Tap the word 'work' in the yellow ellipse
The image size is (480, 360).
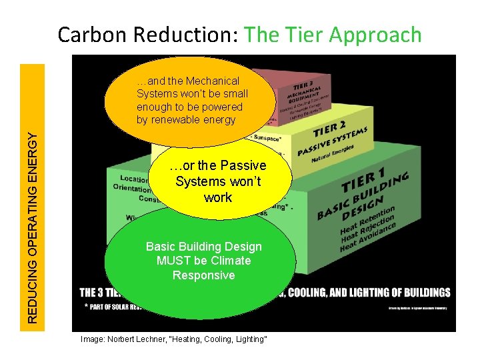[218, 197]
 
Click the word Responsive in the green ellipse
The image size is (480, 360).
[203, 275]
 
